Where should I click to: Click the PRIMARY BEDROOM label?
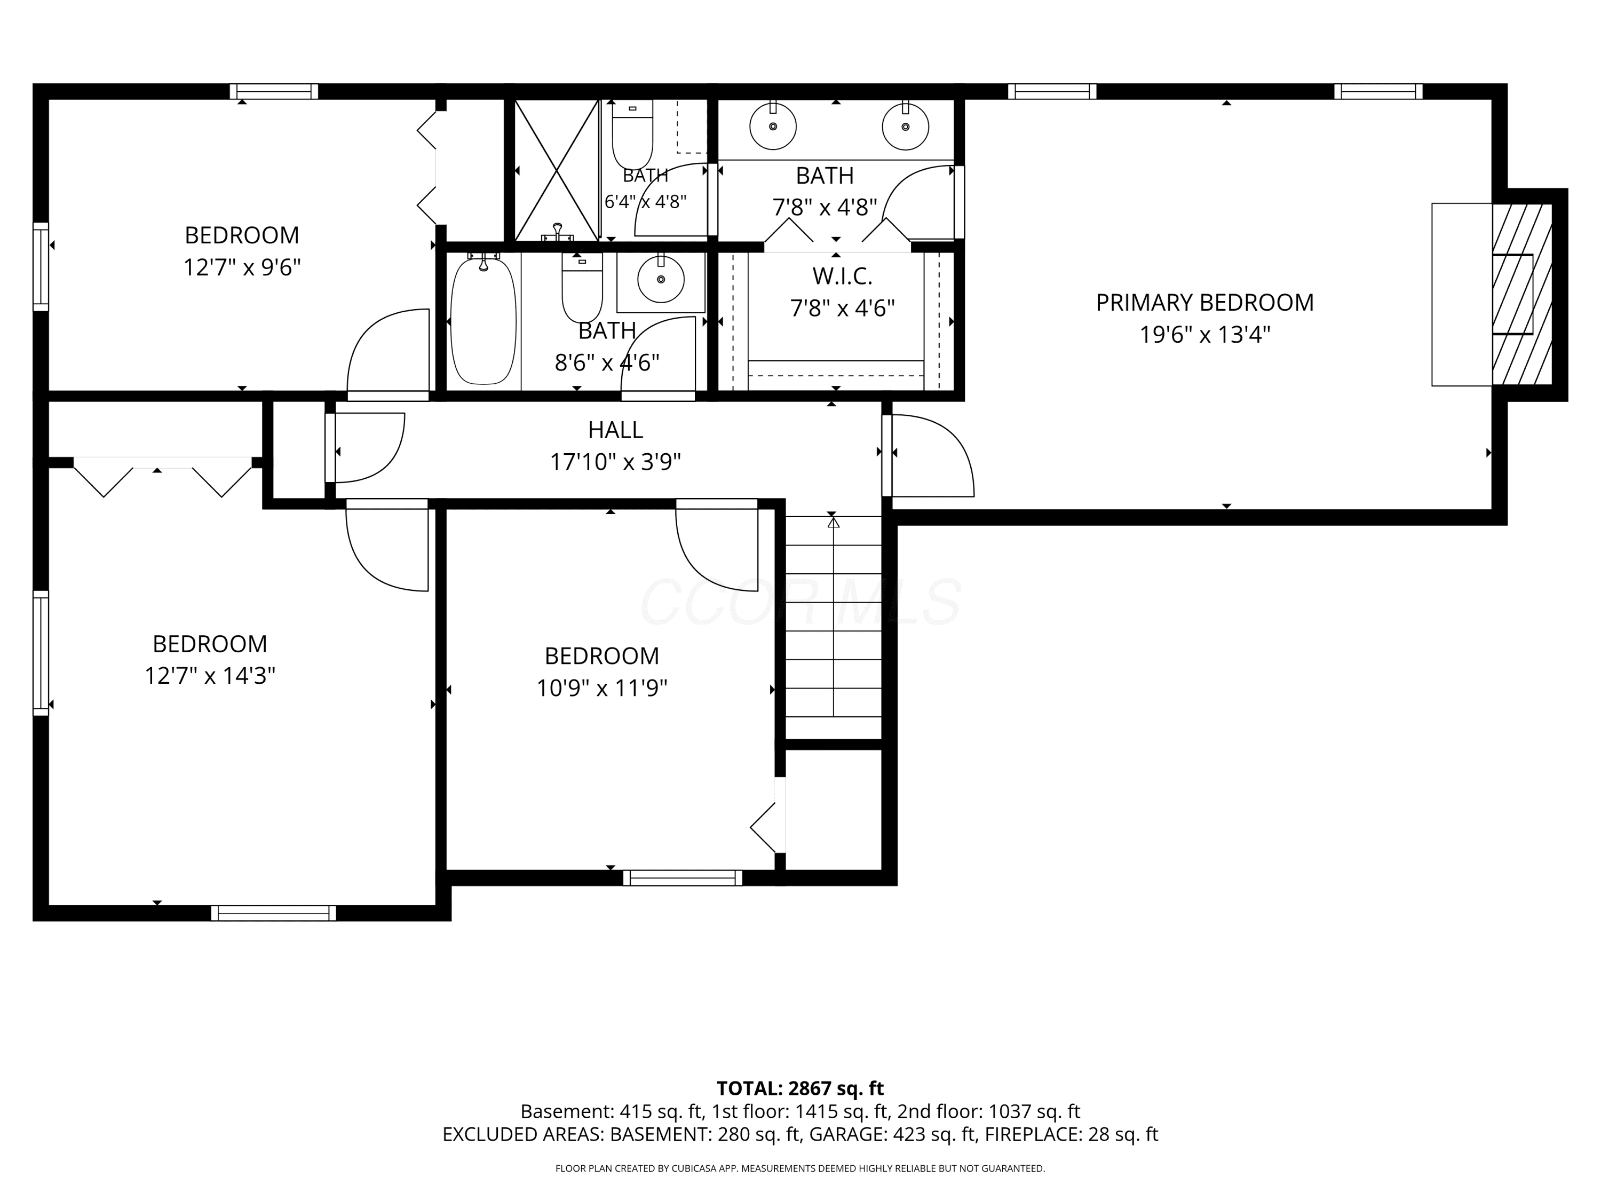pyautogui.click(x=1204, y=303)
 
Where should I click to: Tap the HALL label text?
pyautogui.click(x=615, y=430)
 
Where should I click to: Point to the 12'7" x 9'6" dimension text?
pyautogui.click(x=242, y=268)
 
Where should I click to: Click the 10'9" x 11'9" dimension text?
pyautogui.click(x=601, y=688)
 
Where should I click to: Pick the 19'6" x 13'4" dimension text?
pyautogui.click(x=1205, y=335)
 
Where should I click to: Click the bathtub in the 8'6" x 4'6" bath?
pyautogui.click(x=484, y=321)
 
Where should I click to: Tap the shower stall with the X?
pyautogui.click(x=557, y=170)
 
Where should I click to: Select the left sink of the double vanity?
pyautogui.click(x=773, y=126)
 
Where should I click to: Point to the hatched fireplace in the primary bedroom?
pyautogui.click(x=1522, y=294)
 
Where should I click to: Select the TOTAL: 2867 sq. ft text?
pyautogui.click(x=800, y=1088)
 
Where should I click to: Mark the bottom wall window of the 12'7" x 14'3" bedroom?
pyautogui.click(x=274, y=913)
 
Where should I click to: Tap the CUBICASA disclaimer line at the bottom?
pyautogui.click(x=800, y=1168)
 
